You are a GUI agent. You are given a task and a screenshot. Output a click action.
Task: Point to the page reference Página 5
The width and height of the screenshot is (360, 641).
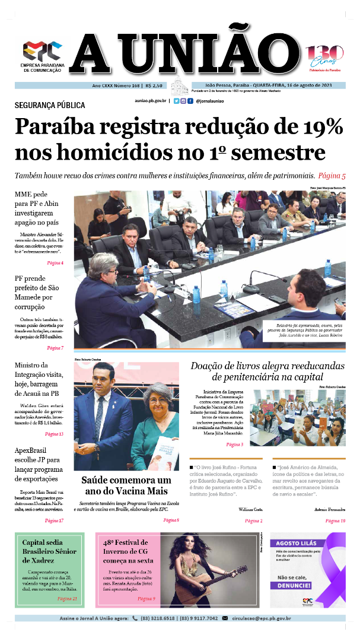pyautogui.click(x=332, y=176)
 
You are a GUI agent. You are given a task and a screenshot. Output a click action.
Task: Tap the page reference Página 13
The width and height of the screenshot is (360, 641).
pyautogui.click(x=55, y=434)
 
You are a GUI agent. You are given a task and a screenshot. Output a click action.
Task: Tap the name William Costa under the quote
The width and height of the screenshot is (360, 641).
pyautogui.click(x=250, y=509)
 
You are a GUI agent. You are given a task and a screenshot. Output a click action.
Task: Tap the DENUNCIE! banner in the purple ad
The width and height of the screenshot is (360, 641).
pyautogui.click(x=291, y=585)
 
